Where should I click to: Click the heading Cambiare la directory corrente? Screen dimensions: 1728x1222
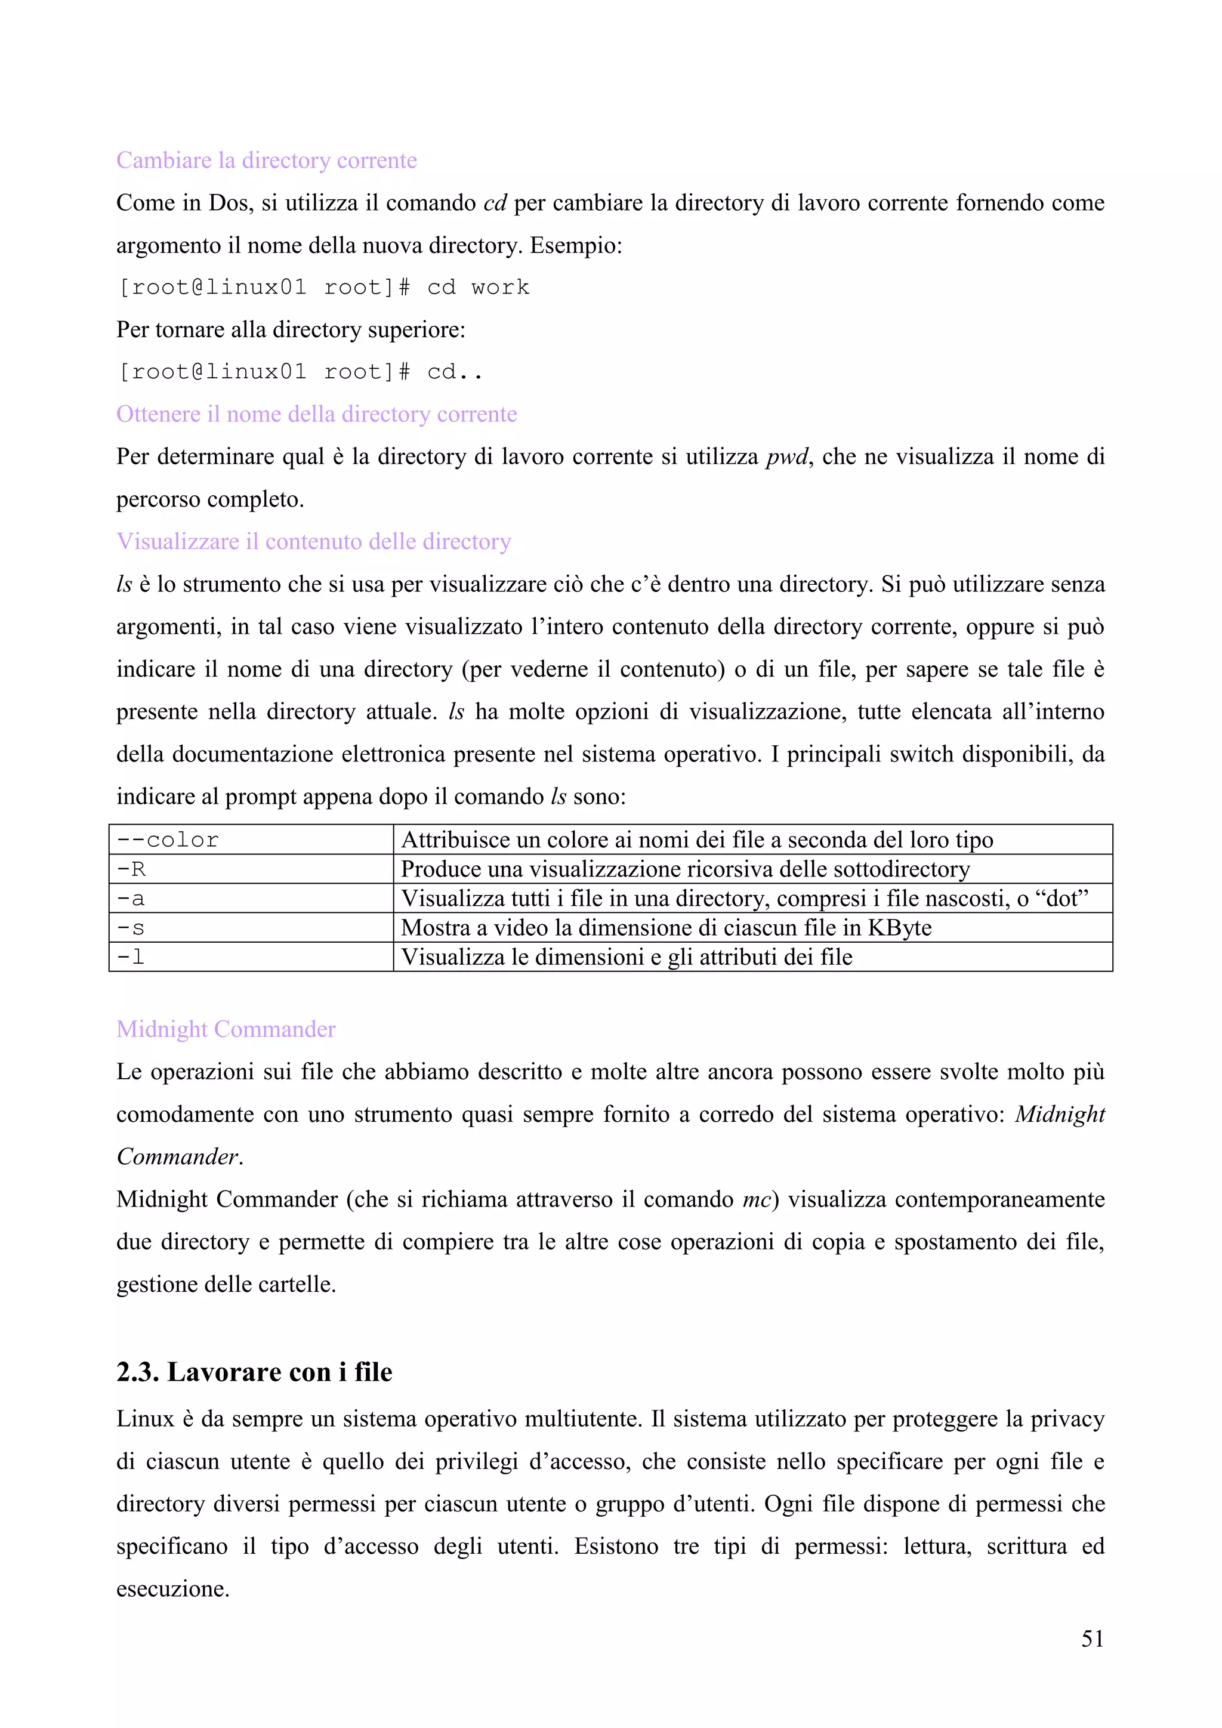pyautogui.click(x=266, y=161)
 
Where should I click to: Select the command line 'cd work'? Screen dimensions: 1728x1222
pyautogui.click(x=323, y=288)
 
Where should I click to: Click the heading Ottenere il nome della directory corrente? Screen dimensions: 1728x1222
pyautogui.click(x=316, y=414)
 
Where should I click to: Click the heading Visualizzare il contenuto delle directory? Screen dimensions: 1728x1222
pyautogui.click(x=313, y=542)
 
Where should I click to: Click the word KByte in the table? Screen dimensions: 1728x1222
pyautogui.click(x=899, y=928)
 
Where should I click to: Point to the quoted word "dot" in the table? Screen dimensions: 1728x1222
pyautogui.click(x=1063, y=899)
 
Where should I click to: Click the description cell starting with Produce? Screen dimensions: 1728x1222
pyautogui.click(x=685, y=869)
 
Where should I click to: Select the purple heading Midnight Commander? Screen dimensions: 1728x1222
pyautogui.click(x=226, y=1029)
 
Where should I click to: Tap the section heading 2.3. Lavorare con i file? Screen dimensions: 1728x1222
pyautogui.click(x=254, y=1372)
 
